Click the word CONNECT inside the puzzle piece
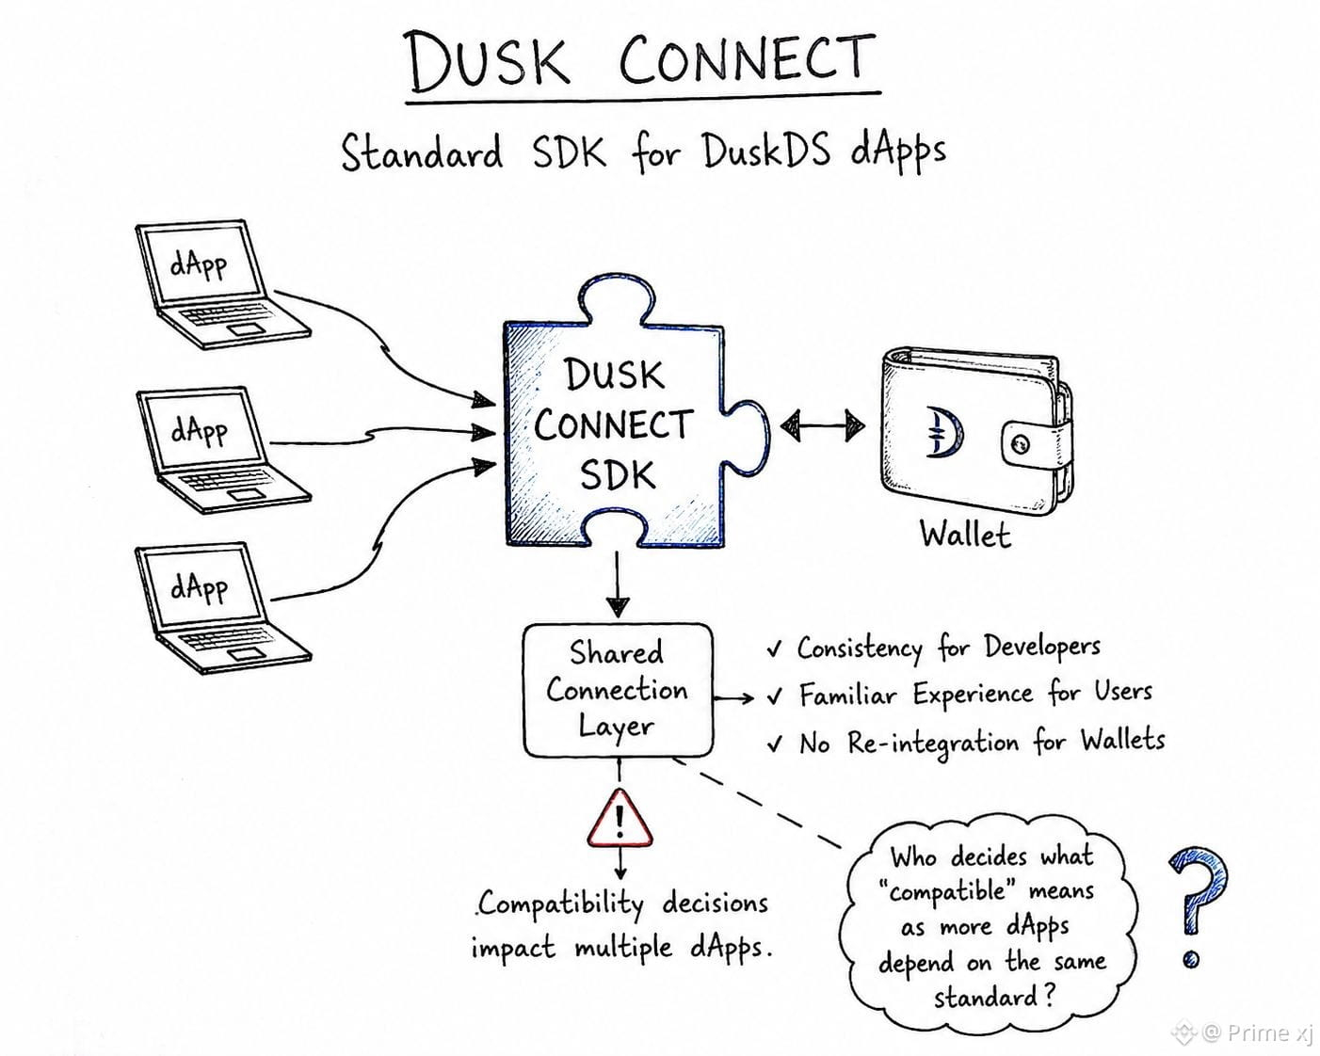point(613,425)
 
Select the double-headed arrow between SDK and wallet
point(822,425)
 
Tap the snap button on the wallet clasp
point(1022,442)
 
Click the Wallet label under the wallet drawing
point(965,534)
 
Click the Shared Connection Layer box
point(618,690)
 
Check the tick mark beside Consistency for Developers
point(775,649)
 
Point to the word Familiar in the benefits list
point(847,695)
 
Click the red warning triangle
point(620,819)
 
